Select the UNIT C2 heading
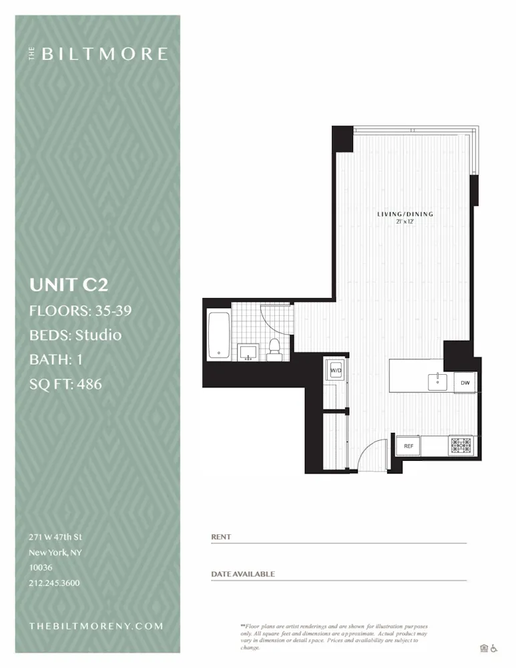click(x=69, y=285)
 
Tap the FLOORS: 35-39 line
click(x=80, y=311)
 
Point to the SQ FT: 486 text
click(x=65, y=383)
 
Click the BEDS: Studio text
click(x=75, y=335)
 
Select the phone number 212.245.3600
click(x=54, y=582)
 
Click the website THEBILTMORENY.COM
click(x=96, y=626)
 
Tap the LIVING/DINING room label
click(x=405, y=214)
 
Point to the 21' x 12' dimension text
click(x=405, y=222)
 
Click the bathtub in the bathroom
click(x=218, y=334)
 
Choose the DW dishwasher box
click(x=465, y=382)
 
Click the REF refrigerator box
click(x=408, y=446)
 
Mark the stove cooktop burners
click(x=460, y=444)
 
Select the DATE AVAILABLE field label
click(x=243, y=574)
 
